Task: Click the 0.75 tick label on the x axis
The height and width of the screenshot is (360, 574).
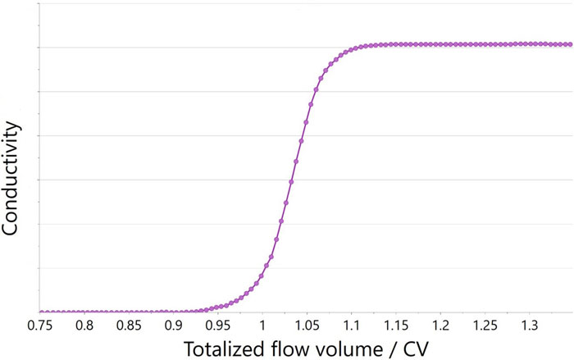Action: [x=39, y=326]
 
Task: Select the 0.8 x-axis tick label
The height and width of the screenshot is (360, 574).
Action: [x=84, y=326]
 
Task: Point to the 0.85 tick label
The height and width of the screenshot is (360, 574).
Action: [x=129, y=326]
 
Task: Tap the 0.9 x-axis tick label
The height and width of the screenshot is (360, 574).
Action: [x=174, y=326]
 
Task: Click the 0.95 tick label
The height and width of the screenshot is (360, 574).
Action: [x=218, y=326]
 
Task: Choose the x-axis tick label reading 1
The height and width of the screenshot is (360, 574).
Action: [x=262, y=326]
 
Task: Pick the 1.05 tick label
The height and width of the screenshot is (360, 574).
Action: [x=307, y=326]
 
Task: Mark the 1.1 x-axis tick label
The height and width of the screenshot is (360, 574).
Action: [x=351, y=326]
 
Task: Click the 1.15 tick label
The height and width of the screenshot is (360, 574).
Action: [x=395, y=326]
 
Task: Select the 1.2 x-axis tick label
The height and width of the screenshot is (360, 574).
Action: [x=440, y=326]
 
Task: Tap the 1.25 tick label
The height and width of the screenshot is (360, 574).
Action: [x=485, y=326]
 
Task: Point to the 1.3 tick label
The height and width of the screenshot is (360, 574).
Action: [x=529, y=326]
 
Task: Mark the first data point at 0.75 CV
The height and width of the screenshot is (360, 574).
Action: [x=41, y=312]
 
